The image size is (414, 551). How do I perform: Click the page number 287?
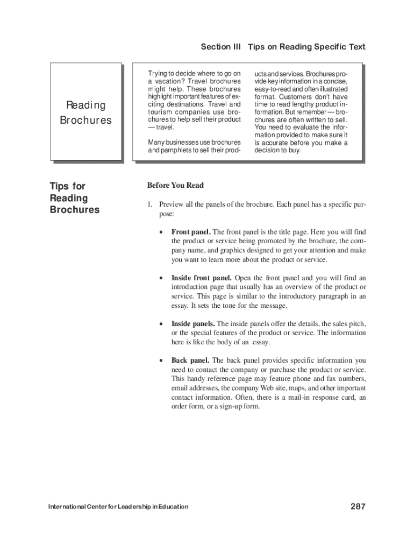[x=358, y=506]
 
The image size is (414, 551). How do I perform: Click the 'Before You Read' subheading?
[x=175, y=186]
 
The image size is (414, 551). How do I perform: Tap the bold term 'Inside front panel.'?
[x=201, y=278]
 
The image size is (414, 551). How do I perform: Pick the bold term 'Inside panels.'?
[x=193, y=324]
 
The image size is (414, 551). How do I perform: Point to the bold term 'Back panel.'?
[x=190, y=360]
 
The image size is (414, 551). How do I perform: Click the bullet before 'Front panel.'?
[x=161, y=232]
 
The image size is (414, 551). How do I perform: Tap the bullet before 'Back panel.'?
[x=161, y=361]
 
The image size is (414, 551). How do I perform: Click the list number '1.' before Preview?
[x=151, y=204]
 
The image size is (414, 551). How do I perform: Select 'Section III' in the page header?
[x=220, y=47]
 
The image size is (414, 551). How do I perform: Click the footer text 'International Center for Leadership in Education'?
[x=118, y=507]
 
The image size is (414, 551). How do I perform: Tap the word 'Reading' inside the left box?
[x=85, y=105]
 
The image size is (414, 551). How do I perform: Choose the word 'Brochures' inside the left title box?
[x=85, y=120]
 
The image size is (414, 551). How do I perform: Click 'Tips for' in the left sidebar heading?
[x=67, y=186]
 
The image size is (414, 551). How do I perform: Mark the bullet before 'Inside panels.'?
[x=161, y=324]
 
